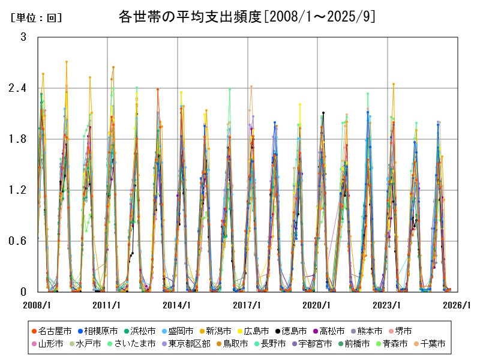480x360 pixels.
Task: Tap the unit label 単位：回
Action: [37, 18]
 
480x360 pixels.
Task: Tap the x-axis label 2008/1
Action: [37, 305]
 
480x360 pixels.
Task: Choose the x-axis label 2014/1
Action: [178, 305]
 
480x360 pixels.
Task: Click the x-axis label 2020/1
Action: [317, 305]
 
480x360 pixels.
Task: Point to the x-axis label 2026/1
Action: [457, 305]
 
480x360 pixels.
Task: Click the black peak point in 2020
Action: [323, 113]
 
